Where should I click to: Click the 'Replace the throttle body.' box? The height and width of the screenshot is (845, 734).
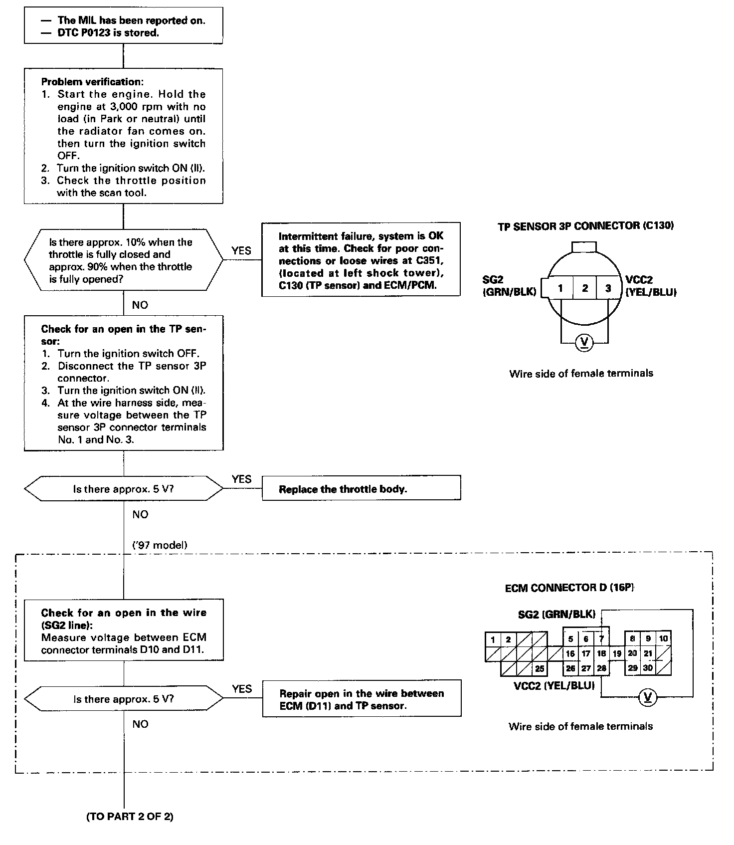361,488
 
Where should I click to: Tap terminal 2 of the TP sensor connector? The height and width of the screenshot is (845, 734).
584,288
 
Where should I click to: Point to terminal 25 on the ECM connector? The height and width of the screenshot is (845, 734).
540,668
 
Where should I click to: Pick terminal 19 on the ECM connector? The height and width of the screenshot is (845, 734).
617,653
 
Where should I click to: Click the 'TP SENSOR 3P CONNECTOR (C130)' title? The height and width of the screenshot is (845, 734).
585,226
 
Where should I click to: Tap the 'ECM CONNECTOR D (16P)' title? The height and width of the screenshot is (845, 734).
569,588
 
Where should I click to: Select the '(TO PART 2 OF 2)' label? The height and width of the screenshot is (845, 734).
130,817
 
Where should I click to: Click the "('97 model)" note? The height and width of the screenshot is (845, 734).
160,545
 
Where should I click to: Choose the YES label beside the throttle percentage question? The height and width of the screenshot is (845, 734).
241,251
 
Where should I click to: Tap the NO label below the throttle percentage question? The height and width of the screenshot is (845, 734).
140,305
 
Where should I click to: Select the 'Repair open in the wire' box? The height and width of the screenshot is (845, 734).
362,699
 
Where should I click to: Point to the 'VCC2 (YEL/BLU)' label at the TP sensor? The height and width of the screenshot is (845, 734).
650,286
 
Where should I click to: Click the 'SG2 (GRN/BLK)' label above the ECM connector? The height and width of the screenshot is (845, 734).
556,614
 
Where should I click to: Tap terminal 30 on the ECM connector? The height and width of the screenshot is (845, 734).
648,668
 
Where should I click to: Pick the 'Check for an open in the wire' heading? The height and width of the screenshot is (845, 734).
124,613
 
